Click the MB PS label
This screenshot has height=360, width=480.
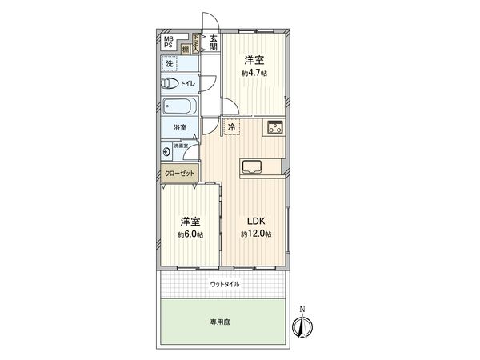tap(169, 42)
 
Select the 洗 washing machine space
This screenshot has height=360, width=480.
tap(170, 63)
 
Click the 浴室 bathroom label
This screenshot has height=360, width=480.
tap(179, 128)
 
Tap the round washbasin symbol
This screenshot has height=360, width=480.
tap(166, 150)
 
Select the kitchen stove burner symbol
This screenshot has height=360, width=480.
tap(275, 126)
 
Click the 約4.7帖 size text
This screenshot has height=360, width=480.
tap(254, 73)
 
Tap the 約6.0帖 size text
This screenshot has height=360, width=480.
tap(190, 234)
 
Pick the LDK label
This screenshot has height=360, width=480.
tap(255, 221)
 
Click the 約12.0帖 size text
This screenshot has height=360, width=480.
tap(255, 234)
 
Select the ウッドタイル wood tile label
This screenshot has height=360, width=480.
tap(224, 284)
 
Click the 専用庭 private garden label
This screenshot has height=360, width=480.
tap(222, 322)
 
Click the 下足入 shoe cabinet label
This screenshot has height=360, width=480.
tap(196, 42)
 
